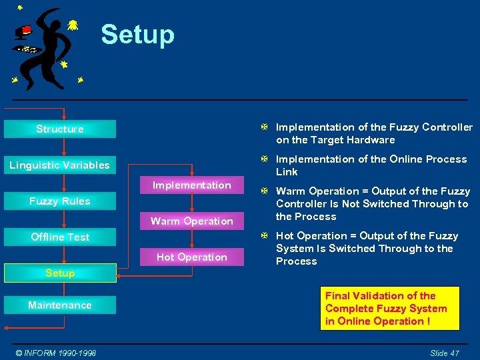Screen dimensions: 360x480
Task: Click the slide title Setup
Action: click(x=137, y=35)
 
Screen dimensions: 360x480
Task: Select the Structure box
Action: click(x=60, y=129)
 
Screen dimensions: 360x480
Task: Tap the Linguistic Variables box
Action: click(x=60, y=165)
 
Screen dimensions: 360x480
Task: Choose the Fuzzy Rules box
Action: click(x=60, y=201)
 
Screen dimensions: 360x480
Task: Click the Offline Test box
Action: click(x=60, y=237)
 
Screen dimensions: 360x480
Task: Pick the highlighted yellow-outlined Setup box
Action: click(x=60, y=273)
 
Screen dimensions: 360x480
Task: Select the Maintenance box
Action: click(x=60, y=305)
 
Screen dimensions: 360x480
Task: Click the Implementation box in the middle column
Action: click(x=192, y=185)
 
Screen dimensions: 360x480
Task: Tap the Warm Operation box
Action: click(x=192, y=221)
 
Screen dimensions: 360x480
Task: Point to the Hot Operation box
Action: click(x=192, y=257)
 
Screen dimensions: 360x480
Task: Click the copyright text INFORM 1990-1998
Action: click(x=57, y=353)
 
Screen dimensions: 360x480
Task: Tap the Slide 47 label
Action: click(x=444, y=353)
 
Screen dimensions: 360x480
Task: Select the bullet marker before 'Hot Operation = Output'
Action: click(x=265, y=236)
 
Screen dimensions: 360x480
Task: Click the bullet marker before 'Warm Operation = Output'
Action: click(x=265, y=191)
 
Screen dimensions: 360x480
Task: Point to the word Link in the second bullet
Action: click(x=287, y=172)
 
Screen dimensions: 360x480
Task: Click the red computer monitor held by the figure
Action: click(x=25, y=31)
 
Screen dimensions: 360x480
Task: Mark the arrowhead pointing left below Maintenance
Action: click(x=6, y=328)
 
